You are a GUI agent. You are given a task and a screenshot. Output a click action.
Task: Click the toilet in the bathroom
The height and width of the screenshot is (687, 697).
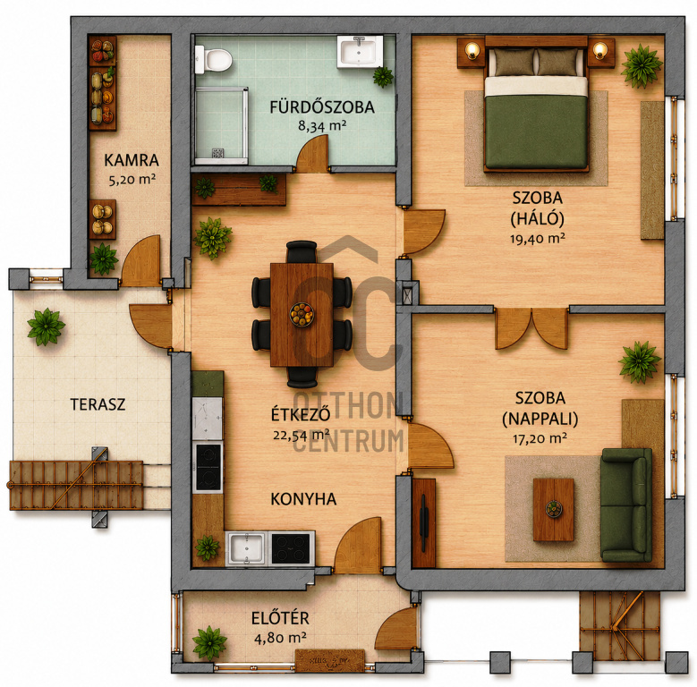213,59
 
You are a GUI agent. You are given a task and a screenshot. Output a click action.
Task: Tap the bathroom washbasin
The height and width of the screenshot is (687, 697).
359,52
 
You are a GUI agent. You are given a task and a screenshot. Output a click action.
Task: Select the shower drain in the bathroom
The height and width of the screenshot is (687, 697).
217,153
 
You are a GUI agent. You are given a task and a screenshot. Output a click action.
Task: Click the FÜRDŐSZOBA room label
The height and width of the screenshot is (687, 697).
322,107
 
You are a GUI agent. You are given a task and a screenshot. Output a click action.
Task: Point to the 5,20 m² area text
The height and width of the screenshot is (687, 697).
132,180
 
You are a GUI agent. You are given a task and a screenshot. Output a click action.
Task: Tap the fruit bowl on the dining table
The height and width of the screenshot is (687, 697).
302,314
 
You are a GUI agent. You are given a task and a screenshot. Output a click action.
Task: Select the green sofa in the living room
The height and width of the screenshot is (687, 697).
626,505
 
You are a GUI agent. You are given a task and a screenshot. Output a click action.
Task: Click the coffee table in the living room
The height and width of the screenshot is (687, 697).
554,510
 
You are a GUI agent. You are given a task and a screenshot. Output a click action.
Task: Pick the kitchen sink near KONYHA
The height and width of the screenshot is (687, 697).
247,548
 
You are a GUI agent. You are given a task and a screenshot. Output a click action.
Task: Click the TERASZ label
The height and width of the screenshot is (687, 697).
98,404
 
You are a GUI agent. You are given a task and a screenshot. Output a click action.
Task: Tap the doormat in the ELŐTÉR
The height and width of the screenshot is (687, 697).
330,661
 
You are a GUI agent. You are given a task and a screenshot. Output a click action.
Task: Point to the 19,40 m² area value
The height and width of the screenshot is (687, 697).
538,239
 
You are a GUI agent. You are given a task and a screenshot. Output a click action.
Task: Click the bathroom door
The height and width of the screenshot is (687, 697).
313,154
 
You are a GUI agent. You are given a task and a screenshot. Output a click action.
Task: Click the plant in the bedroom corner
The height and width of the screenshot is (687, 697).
642,66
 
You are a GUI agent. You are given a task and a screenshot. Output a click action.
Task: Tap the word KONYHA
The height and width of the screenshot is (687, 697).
303,499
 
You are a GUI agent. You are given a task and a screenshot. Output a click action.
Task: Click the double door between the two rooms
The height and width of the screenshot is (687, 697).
531,328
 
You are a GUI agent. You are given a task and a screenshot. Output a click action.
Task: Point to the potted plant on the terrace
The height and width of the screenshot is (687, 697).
46,327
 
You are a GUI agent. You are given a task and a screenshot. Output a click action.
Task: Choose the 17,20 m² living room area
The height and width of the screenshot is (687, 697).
540,439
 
